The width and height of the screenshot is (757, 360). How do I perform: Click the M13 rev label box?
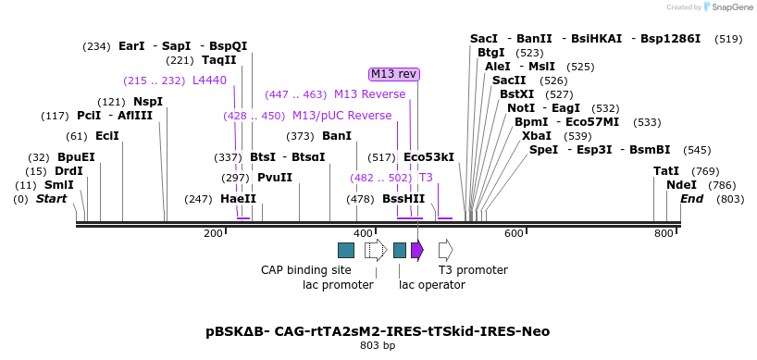(394, 74)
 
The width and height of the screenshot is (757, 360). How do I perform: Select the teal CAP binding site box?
(346, 250)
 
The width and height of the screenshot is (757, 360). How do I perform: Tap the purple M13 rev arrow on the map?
(417, 250)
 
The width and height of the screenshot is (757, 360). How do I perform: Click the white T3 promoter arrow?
(445, 250)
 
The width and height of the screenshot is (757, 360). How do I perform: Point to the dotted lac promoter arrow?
(376, 250)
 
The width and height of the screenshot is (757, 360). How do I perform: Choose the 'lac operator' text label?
(432, 285)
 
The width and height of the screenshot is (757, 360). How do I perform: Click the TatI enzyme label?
(666, 171)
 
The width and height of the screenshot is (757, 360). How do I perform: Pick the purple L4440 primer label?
(209, 81)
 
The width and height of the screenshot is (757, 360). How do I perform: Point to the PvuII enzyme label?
(275, 178)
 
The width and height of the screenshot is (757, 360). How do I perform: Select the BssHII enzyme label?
(403, 199)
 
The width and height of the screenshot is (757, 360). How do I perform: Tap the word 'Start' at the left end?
(52, 199)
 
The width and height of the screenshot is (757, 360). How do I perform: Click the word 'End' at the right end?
(691, 199)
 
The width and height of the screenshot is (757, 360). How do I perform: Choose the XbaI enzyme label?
(537, 136)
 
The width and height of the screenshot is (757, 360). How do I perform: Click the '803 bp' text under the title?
(378, 346)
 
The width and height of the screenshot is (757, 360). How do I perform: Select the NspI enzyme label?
(148, 102)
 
